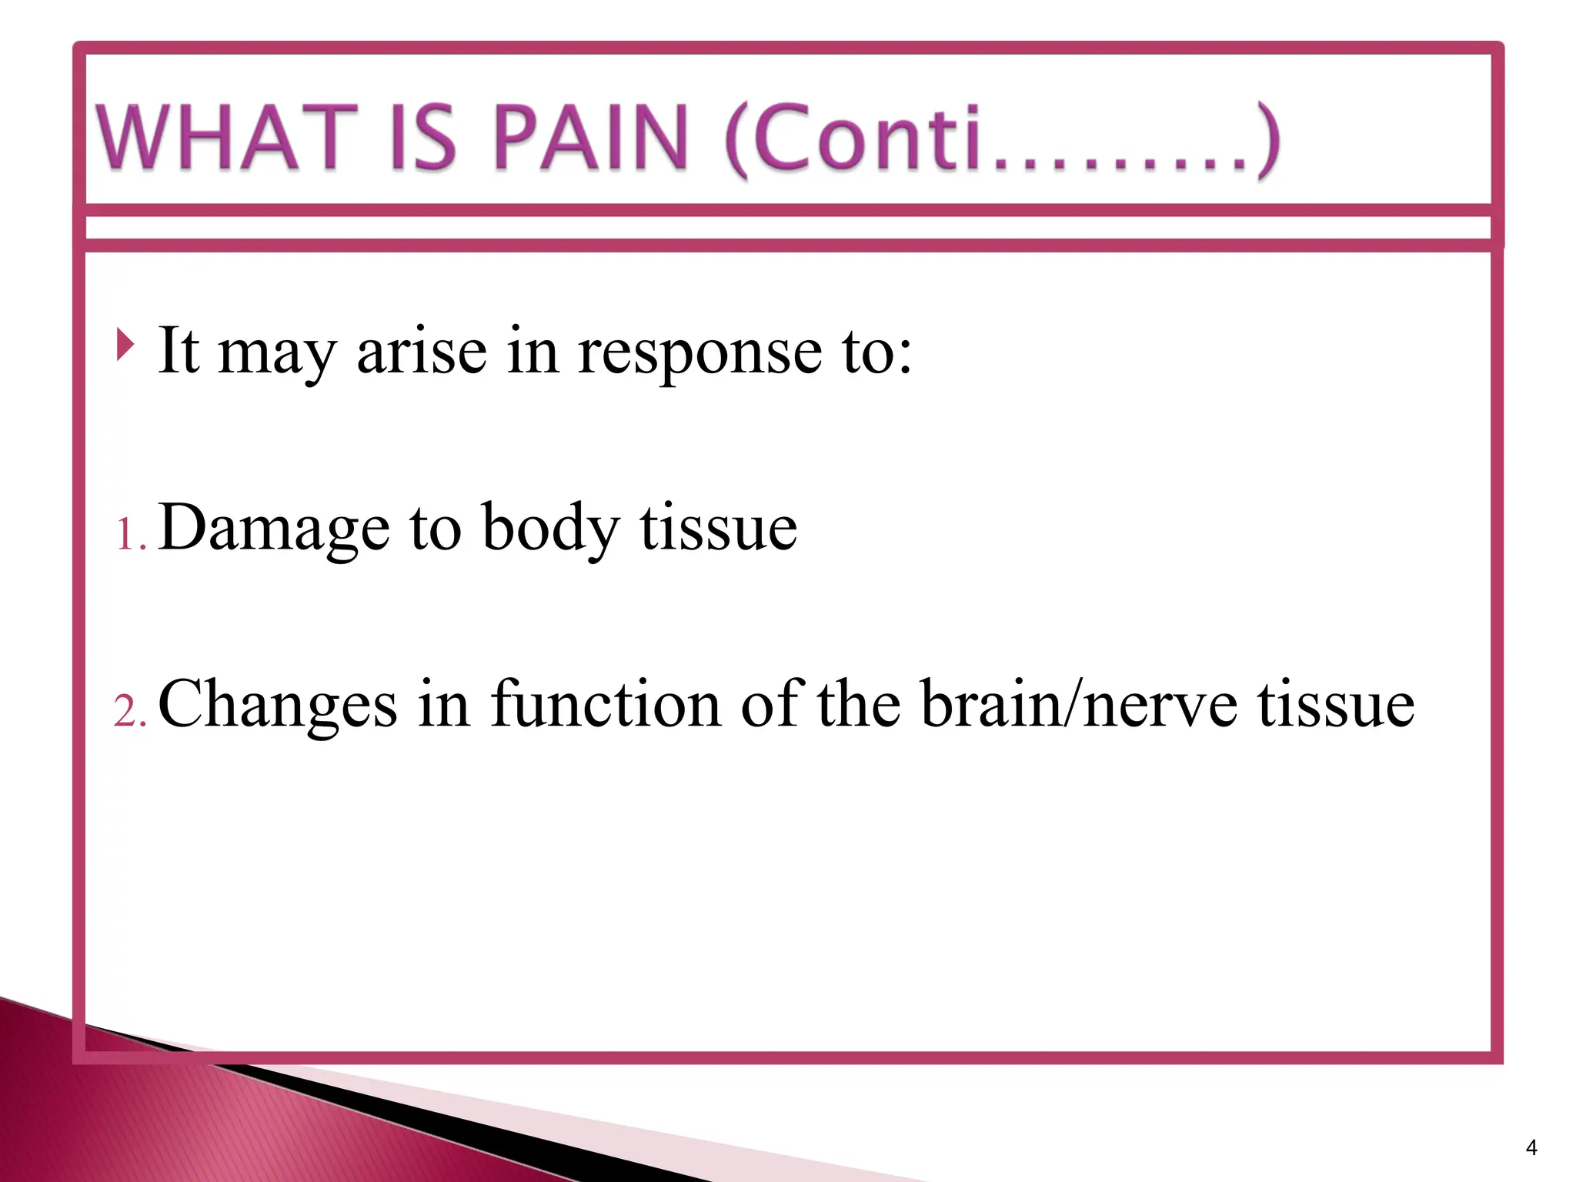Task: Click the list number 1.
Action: (128, 534)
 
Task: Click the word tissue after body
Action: (719, 528)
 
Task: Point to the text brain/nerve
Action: (1080, 705)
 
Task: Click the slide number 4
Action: (1531, 1148)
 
